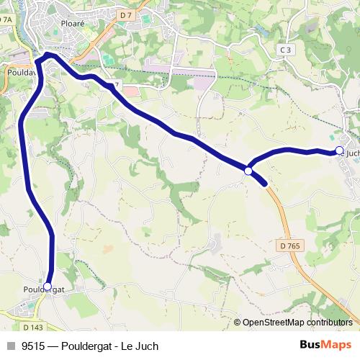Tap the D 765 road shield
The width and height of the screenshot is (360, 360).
click(x=290, y=246)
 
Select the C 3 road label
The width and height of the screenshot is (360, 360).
click(x=286, y=50)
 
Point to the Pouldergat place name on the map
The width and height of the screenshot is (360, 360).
click(x=44, y=289)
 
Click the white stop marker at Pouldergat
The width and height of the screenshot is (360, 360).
click(x=48, y=287)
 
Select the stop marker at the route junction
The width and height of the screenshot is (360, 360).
click(x=248, y=171)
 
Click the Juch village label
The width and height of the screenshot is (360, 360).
click(x=351, y=153)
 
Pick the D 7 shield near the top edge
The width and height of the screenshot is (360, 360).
click(x=127, y=15)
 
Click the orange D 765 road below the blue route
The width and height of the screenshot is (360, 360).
click(x=284, y=223)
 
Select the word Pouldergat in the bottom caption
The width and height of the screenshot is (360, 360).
click(x=87, y=346)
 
